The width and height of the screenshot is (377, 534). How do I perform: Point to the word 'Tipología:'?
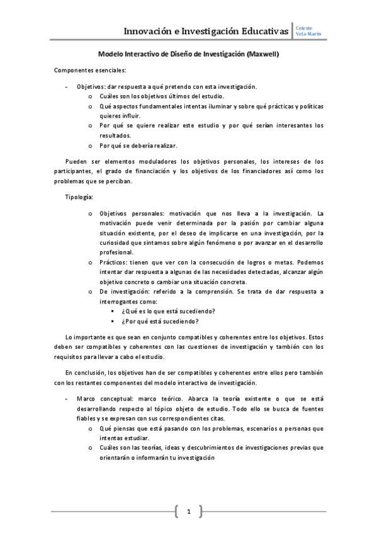click(x=79, y=197)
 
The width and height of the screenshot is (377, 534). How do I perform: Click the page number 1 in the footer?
click(x=188, y=511)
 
